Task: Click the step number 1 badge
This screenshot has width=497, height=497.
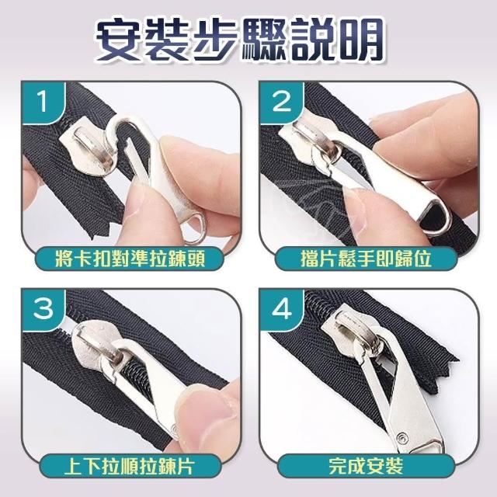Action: pos(43,102)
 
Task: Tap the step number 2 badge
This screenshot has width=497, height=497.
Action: pos(281,102)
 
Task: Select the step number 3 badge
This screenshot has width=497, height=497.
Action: pos(43,309)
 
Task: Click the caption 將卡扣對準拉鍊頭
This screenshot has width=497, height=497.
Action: pos(130,259)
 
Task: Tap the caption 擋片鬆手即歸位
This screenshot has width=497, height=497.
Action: pos(366,259)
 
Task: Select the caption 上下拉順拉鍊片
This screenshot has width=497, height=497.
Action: pos(130,466)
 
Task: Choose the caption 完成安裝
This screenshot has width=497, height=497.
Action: pos(366,466)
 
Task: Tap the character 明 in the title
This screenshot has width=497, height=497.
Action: pos(360,39)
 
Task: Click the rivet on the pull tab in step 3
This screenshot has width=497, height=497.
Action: pos(174,429)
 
